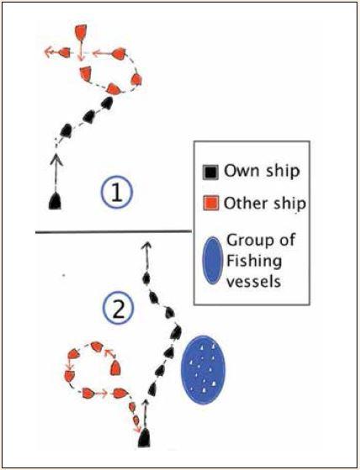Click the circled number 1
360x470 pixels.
117,193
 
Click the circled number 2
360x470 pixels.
118,308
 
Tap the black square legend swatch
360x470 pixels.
210,172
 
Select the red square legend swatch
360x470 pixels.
210,203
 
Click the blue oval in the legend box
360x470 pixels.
213,261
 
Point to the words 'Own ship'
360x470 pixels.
262,172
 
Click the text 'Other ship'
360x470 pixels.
265,203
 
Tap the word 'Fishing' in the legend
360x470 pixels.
254,261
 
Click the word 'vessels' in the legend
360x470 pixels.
253,282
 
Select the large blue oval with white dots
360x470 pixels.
203,370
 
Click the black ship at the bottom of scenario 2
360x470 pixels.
144,437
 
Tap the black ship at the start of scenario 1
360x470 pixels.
55,201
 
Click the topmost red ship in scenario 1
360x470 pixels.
81,33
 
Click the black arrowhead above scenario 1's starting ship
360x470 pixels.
56,160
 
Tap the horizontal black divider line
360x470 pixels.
114,231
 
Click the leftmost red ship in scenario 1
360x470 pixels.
65,52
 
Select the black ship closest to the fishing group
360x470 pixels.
176,332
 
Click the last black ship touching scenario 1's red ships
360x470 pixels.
107,103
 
